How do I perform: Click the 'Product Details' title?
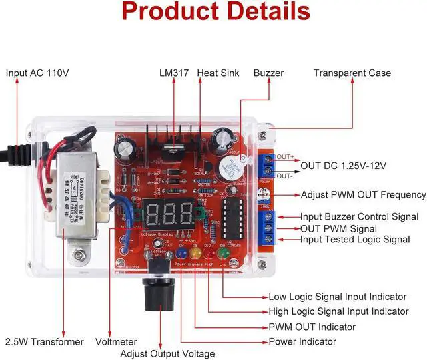(216, 12)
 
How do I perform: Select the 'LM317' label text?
(175, 73)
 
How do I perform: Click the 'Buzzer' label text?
(268, 73)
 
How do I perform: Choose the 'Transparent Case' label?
(352, 73)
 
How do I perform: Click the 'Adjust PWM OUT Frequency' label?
(364, 195)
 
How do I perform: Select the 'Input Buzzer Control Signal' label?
(359, 216)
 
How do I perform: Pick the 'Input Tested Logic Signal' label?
(355, 239)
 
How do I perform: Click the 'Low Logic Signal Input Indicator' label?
(346, 297)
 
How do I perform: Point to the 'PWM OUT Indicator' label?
(312, 327)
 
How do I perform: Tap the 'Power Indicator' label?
(303, 341)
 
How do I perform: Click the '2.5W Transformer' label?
(45, 341)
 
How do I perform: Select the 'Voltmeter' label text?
(117, 341)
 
